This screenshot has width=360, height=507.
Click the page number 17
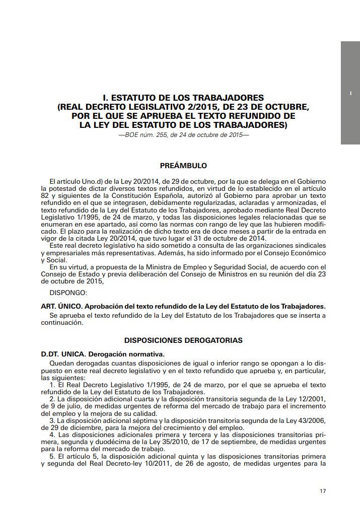[x=323, y=491]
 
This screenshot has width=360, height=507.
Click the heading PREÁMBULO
[x=183, y=165]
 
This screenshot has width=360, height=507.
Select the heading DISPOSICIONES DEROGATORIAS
[x=183, y=340]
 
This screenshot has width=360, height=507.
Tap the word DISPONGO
[x=68, y=292]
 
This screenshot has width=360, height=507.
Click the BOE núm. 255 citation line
[x=183, y=135]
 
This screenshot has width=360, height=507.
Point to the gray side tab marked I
[x=350, y=93]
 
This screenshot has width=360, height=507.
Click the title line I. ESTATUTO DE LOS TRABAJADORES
[x=183, y=97]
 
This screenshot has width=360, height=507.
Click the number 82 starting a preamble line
[x=44, y=195]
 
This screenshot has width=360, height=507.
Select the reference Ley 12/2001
[x=307, y=398]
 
